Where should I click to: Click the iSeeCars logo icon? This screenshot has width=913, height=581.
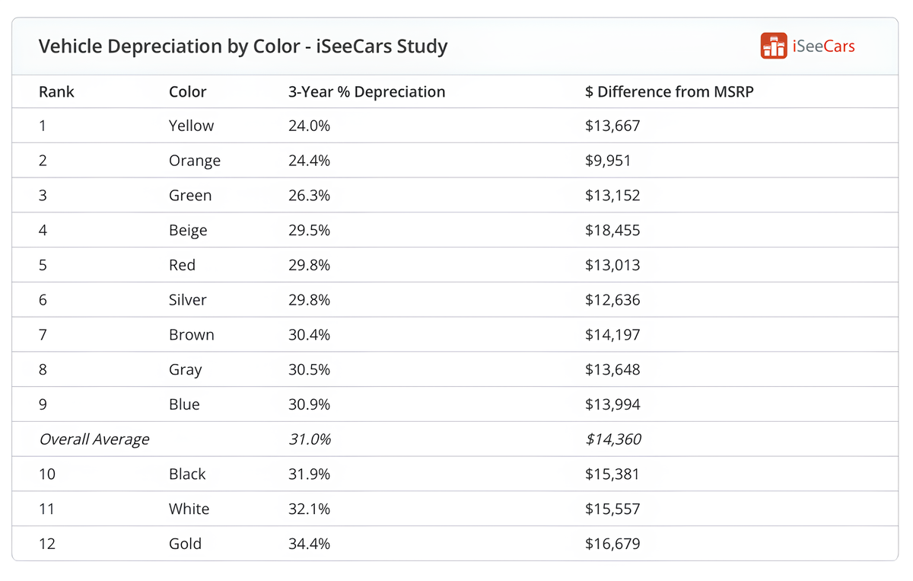click(773, 46)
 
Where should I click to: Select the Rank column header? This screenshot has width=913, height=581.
click(56, 92)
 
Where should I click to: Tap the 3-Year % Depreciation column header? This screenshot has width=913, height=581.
click(366, 92)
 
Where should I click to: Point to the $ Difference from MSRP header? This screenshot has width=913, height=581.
click(669, 92)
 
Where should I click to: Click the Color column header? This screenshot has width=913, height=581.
click(187, 92)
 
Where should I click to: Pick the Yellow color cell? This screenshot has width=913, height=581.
click(191, 126)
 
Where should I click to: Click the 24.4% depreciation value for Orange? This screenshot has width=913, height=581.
click(309, 161)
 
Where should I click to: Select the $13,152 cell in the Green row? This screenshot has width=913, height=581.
click(612, 196)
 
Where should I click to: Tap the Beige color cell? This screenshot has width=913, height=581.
click(188, 231)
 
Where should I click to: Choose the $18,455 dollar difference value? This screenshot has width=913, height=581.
click(612, 231)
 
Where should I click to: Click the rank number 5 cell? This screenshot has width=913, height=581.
click(43, 265)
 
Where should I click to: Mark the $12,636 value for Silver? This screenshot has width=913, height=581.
click(612, 300)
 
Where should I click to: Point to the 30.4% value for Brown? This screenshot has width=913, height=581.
click(309, 335)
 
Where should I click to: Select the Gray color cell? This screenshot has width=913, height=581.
click(185, 370)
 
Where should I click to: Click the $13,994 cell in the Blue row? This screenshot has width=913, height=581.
click(612, 405)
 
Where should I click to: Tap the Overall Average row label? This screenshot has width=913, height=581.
click(94, 439)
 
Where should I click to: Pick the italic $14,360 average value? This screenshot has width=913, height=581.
click(612, 439)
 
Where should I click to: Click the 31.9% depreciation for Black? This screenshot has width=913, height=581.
click(309, 474)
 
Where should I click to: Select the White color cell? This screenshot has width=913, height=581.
click(189, 509)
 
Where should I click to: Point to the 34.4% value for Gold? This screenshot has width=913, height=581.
click(309, 544)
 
